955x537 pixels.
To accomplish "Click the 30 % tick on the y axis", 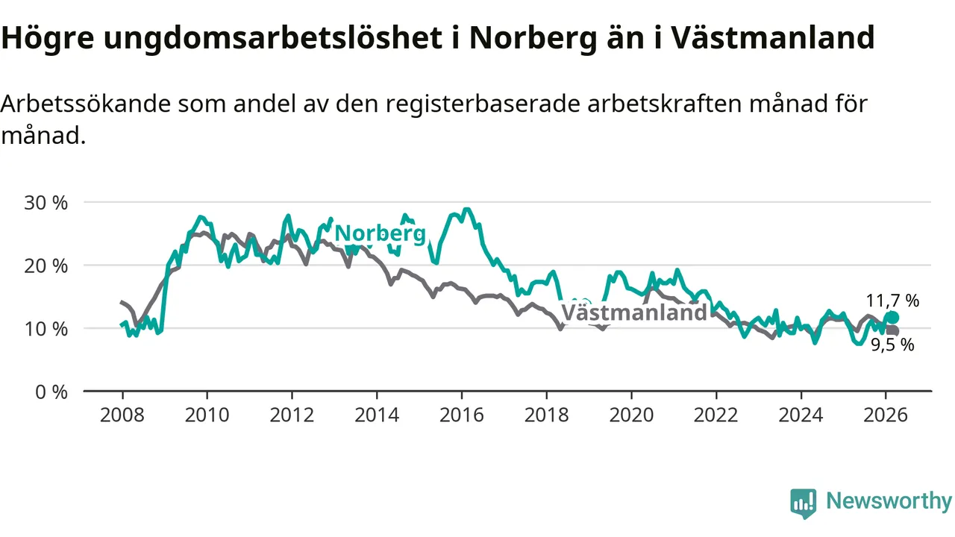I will [46, 202].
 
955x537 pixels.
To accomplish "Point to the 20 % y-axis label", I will [46, 266].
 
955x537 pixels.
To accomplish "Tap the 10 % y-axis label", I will [46, 328].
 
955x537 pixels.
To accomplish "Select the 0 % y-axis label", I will [51, 391].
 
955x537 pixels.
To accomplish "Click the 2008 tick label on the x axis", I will [122, 414].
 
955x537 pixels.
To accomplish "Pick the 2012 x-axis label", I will [292, 414].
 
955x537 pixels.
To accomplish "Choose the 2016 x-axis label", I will [462, 414].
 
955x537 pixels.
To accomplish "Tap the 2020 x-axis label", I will [631, 414].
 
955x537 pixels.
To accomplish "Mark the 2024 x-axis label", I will [801, 414].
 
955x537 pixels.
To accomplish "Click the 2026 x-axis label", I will [886, 414].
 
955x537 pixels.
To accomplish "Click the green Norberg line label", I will [380, 234].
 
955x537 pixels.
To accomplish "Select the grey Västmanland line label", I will [633, 313].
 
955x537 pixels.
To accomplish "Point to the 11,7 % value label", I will [892, 301].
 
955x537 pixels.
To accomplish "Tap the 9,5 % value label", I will [892, 345].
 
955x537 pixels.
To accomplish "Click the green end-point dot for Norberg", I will [892, 318].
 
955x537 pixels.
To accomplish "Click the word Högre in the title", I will [47, 38].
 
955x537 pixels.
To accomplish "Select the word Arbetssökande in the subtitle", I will [84, 104].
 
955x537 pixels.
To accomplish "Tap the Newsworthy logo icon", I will [804, 503].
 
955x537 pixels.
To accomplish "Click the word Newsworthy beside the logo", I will [889, 501].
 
